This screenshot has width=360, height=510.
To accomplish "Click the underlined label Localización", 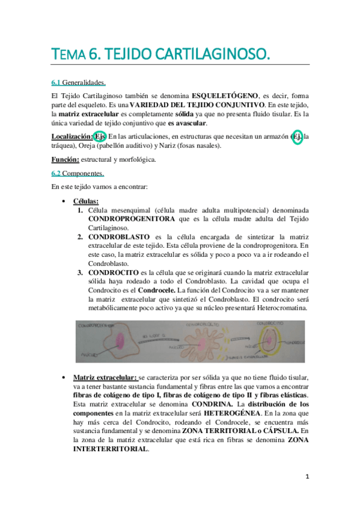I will pos(71,137).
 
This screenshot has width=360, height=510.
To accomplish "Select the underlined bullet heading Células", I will pos(86,200).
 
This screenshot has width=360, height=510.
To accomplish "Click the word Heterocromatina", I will pos(278,309).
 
